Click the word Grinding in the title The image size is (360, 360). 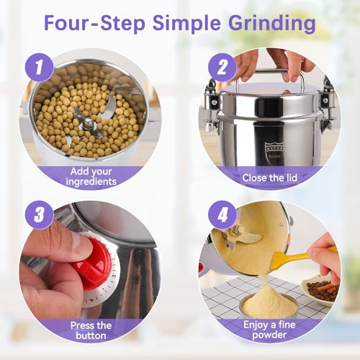(x=272, y=24)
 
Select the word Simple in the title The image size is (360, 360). (x=186, y=24)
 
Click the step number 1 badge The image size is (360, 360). (x=39, y=67)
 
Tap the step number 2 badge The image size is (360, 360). (x=222, y=67)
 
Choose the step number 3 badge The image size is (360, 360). (x=39, y=215)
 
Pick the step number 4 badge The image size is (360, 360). (x=222, y=215)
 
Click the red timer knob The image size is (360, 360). (x=92, y=261)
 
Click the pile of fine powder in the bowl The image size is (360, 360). (x=269, y=301)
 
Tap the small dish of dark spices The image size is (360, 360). (x=320, y=292)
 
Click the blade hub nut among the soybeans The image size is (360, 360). (x=87, y=124)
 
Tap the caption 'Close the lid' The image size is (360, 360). (x=269, y=178)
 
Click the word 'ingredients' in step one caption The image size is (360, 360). (x=91, y=181)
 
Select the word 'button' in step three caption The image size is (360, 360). (x=91, y=336)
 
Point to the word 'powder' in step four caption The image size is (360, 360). (x=269, y=335)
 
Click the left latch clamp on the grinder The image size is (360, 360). (x=212, y=106)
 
